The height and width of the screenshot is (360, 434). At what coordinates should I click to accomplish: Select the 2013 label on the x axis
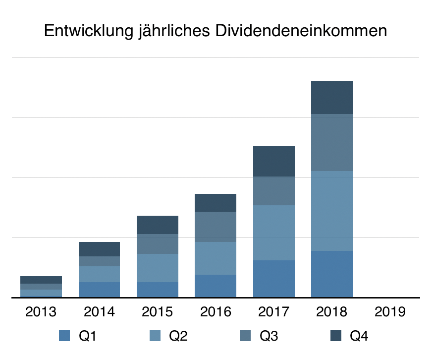point(41,312)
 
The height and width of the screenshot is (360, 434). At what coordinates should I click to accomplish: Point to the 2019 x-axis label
point(390,312)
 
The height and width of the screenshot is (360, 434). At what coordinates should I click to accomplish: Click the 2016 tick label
point(216,312)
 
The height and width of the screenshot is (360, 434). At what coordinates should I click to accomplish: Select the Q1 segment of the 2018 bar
point(332,274)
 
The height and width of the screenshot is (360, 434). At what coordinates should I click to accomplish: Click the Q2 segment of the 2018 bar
point(332,211)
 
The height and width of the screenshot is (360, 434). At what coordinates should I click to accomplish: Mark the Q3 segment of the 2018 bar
point(332,142)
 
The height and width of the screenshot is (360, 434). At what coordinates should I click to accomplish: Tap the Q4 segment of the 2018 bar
point(332,97)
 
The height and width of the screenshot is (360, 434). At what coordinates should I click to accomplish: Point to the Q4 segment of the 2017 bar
point(274,161)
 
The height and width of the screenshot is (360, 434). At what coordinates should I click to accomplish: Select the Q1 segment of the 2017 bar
point(274,279)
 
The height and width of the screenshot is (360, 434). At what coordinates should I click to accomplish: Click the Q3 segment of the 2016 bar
point(216,227)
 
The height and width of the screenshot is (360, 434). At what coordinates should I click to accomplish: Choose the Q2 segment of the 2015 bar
point(158,268)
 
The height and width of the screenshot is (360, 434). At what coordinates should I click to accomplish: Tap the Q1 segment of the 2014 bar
point(99,290)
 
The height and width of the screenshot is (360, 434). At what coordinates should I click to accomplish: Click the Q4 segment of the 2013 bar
point(41,280)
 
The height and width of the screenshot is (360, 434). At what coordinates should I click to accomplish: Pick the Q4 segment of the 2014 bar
point(99,249)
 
